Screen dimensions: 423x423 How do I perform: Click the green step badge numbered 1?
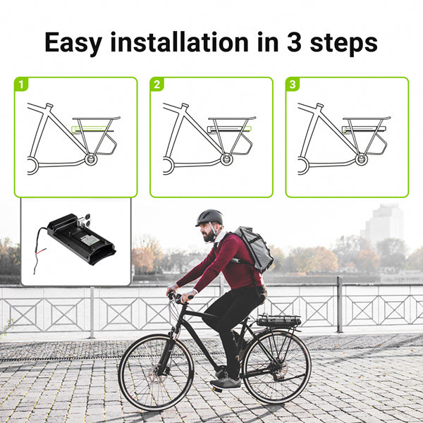[22, 85]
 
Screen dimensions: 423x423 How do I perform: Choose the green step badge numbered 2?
[157, 85]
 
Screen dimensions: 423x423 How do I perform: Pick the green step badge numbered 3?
[293, 85]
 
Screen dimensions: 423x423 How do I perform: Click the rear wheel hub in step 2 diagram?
[226, 160]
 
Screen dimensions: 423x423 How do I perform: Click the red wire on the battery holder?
[40, 250]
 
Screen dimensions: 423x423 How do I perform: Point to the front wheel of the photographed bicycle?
[155, 372]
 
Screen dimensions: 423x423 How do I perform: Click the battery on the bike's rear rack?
[278, 321]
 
